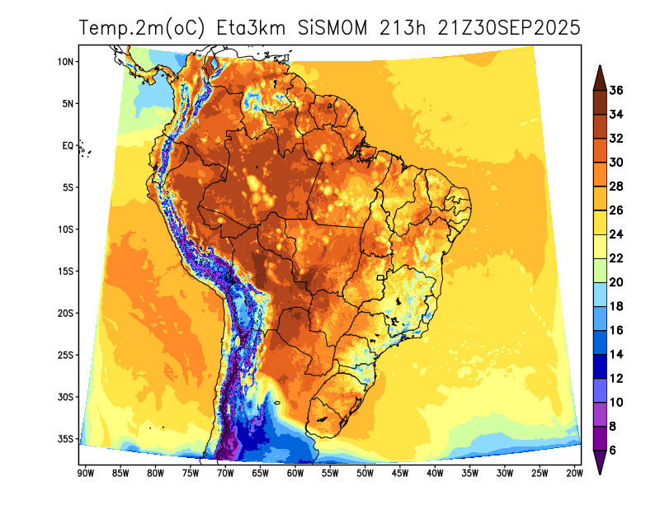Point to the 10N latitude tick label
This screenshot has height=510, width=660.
point(67,62)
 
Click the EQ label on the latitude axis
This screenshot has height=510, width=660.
point(68,145)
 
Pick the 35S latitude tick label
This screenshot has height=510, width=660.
point(67,439)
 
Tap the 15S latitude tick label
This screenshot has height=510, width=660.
point(67,272)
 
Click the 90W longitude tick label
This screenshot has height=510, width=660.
point(84,473)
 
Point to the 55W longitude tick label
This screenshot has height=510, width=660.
point(330,473)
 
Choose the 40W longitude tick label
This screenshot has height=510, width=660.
point(435,473)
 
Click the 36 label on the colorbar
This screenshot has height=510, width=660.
point(616,91)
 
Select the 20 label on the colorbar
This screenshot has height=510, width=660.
point(616,282)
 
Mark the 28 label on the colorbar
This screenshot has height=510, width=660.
point(616,187)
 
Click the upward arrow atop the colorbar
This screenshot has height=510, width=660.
point(600,77)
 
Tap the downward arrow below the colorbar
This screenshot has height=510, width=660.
point(600,463)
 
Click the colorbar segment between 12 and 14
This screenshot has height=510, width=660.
point(600,366)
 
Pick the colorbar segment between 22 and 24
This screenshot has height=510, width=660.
point(600,247)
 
